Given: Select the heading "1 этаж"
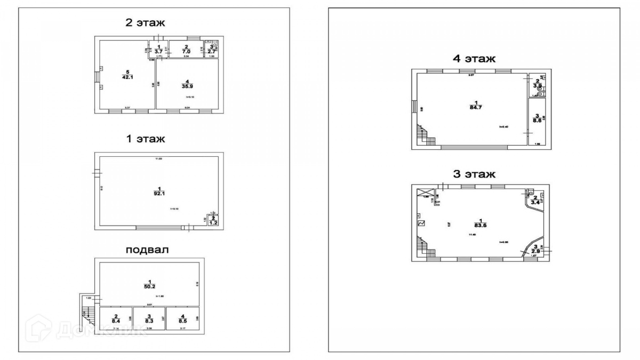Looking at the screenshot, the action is point(145,139).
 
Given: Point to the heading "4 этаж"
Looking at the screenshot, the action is point(474,58).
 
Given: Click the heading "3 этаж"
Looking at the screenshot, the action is point(474,174).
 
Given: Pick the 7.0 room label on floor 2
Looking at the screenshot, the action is point(186,49).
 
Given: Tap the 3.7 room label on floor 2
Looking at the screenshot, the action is point(158,49).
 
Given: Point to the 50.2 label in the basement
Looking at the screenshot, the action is point(150,285).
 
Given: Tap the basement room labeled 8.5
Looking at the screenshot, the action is point(182,320).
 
